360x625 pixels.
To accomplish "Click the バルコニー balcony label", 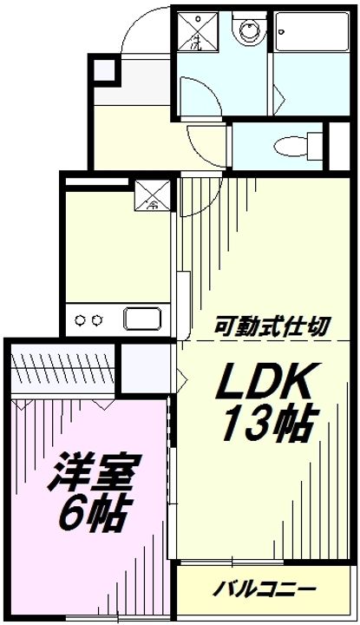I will point(259,589).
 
